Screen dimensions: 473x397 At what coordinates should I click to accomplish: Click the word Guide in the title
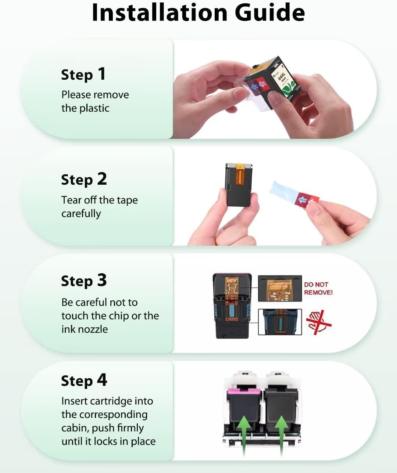tap(270, 12)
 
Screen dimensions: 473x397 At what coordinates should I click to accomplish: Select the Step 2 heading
tap(84, 179)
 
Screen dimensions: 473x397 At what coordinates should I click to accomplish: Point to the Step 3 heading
tap(84, 281)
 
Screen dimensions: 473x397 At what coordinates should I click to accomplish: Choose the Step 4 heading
tap(84, 380)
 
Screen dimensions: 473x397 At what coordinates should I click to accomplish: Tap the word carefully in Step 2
tap(81, 214)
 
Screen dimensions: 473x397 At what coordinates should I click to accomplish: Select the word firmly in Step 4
tap(127, 428)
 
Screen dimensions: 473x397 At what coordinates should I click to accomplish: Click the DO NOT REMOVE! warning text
tap(318, 288)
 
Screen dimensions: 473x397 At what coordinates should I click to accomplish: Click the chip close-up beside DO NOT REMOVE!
tap(280, 288)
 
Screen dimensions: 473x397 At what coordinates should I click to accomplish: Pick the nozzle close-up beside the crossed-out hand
tap(280, 322)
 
